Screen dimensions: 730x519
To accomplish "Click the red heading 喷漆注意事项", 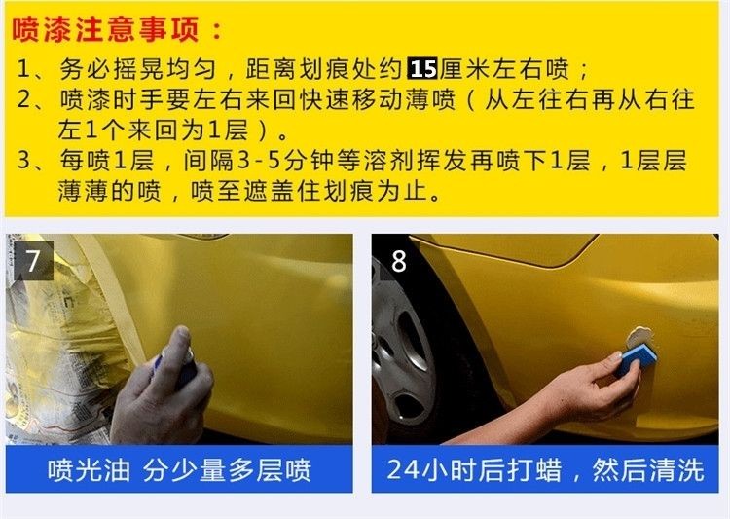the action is (x=106, y=30).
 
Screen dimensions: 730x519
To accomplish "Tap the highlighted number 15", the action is (x=422, y=69).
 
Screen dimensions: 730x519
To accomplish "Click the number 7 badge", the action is (x=33, y=261).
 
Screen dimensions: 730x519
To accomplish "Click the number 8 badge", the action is (x=398, y=261).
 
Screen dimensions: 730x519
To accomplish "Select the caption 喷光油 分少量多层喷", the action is (x=179, y=469).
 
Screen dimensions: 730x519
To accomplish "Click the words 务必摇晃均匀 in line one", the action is (x=138, y=69).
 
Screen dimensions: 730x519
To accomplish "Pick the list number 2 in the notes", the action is (x=24, y=99).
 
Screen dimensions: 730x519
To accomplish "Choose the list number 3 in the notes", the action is (x=24, y=161).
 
